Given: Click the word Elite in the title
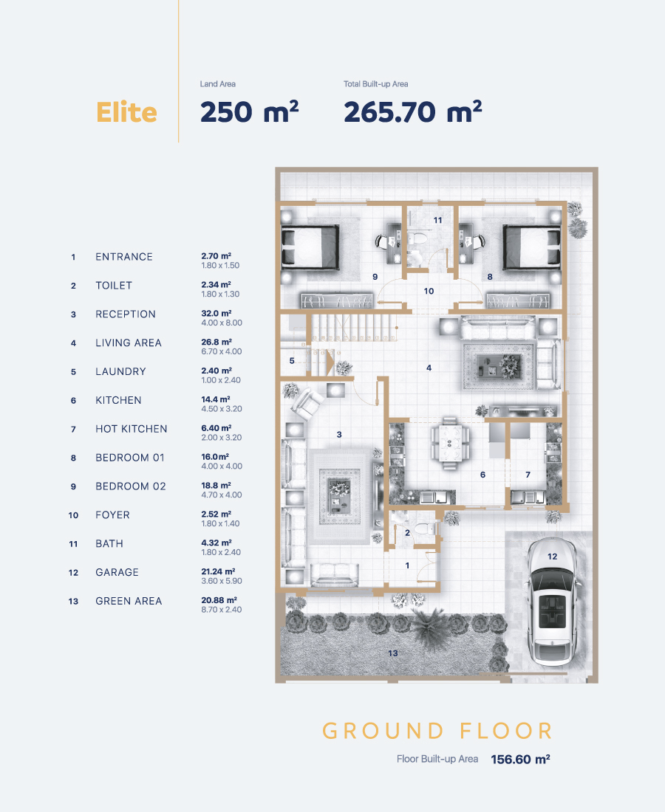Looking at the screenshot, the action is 126,112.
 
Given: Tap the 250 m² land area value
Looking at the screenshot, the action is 249,112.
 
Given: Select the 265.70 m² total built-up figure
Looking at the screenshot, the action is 412,112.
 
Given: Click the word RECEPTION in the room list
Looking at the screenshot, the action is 126,314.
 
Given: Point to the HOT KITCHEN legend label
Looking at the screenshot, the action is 131,429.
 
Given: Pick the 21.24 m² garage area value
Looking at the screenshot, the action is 218,571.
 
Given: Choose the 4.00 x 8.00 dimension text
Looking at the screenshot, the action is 222,323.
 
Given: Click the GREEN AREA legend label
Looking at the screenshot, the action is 129,601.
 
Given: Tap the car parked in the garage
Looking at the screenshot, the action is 553,602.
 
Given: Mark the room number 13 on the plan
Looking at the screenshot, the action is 393,653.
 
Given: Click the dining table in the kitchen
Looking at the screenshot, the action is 449,443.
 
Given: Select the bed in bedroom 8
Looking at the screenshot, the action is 532,247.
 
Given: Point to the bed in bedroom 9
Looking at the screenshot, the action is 310,247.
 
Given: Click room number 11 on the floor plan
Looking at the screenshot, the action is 438,220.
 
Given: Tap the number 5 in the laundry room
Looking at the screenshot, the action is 292,360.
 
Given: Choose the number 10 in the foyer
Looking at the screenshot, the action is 429,291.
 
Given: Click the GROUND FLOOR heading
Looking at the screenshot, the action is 437,731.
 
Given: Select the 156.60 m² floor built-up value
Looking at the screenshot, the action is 520,759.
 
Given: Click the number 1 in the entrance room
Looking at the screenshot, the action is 407,565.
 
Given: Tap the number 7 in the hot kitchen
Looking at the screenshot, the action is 528,475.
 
